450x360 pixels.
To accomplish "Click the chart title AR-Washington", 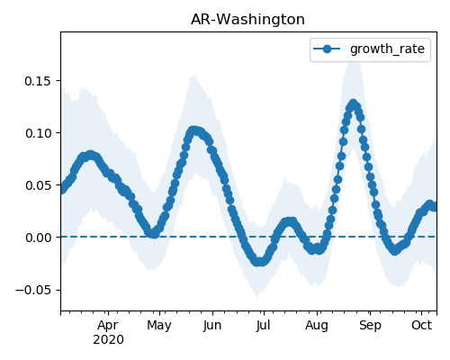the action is [247, 20].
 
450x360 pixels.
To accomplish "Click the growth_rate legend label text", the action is [387, 49].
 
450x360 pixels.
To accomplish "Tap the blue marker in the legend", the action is [327, 49].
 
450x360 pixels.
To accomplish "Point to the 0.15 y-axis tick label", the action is [38, 81].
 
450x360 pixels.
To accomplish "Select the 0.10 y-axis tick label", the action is [38, 133].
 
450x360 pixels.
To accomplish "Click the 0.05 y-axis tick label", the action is [38, 185].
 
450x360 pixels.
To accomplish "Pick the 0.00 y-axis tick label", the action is [38, 238].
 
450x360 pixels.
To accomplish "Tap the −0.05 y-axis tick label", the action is [33, 290].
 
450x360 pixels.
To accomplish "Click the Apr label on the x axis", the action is [108, 326].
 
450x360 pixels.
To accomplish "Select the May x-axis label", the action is [159, 326].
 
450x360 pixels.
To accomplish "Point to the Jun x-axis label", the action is [212, 326].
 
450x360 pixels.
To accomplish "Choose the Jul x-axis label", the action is [264, 326].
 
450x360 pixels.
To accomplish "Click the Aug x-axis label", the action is [317, 326].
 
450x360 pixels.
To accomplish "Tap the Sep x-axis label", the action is [370, 326].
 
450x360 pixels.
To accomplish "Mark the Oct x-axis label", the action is [422, 326].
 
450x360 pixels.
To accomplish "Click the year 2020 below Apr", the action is [108, 340].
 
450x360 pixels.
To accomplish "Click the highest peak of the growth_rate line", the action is [354, 104].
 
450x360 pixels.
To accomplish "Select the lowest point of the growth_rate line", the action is [260, 262].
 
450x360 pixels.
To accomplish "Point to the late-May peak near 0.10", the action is [194, 130].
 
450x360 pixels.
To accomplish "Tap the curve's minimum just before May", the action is [154, 234].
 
